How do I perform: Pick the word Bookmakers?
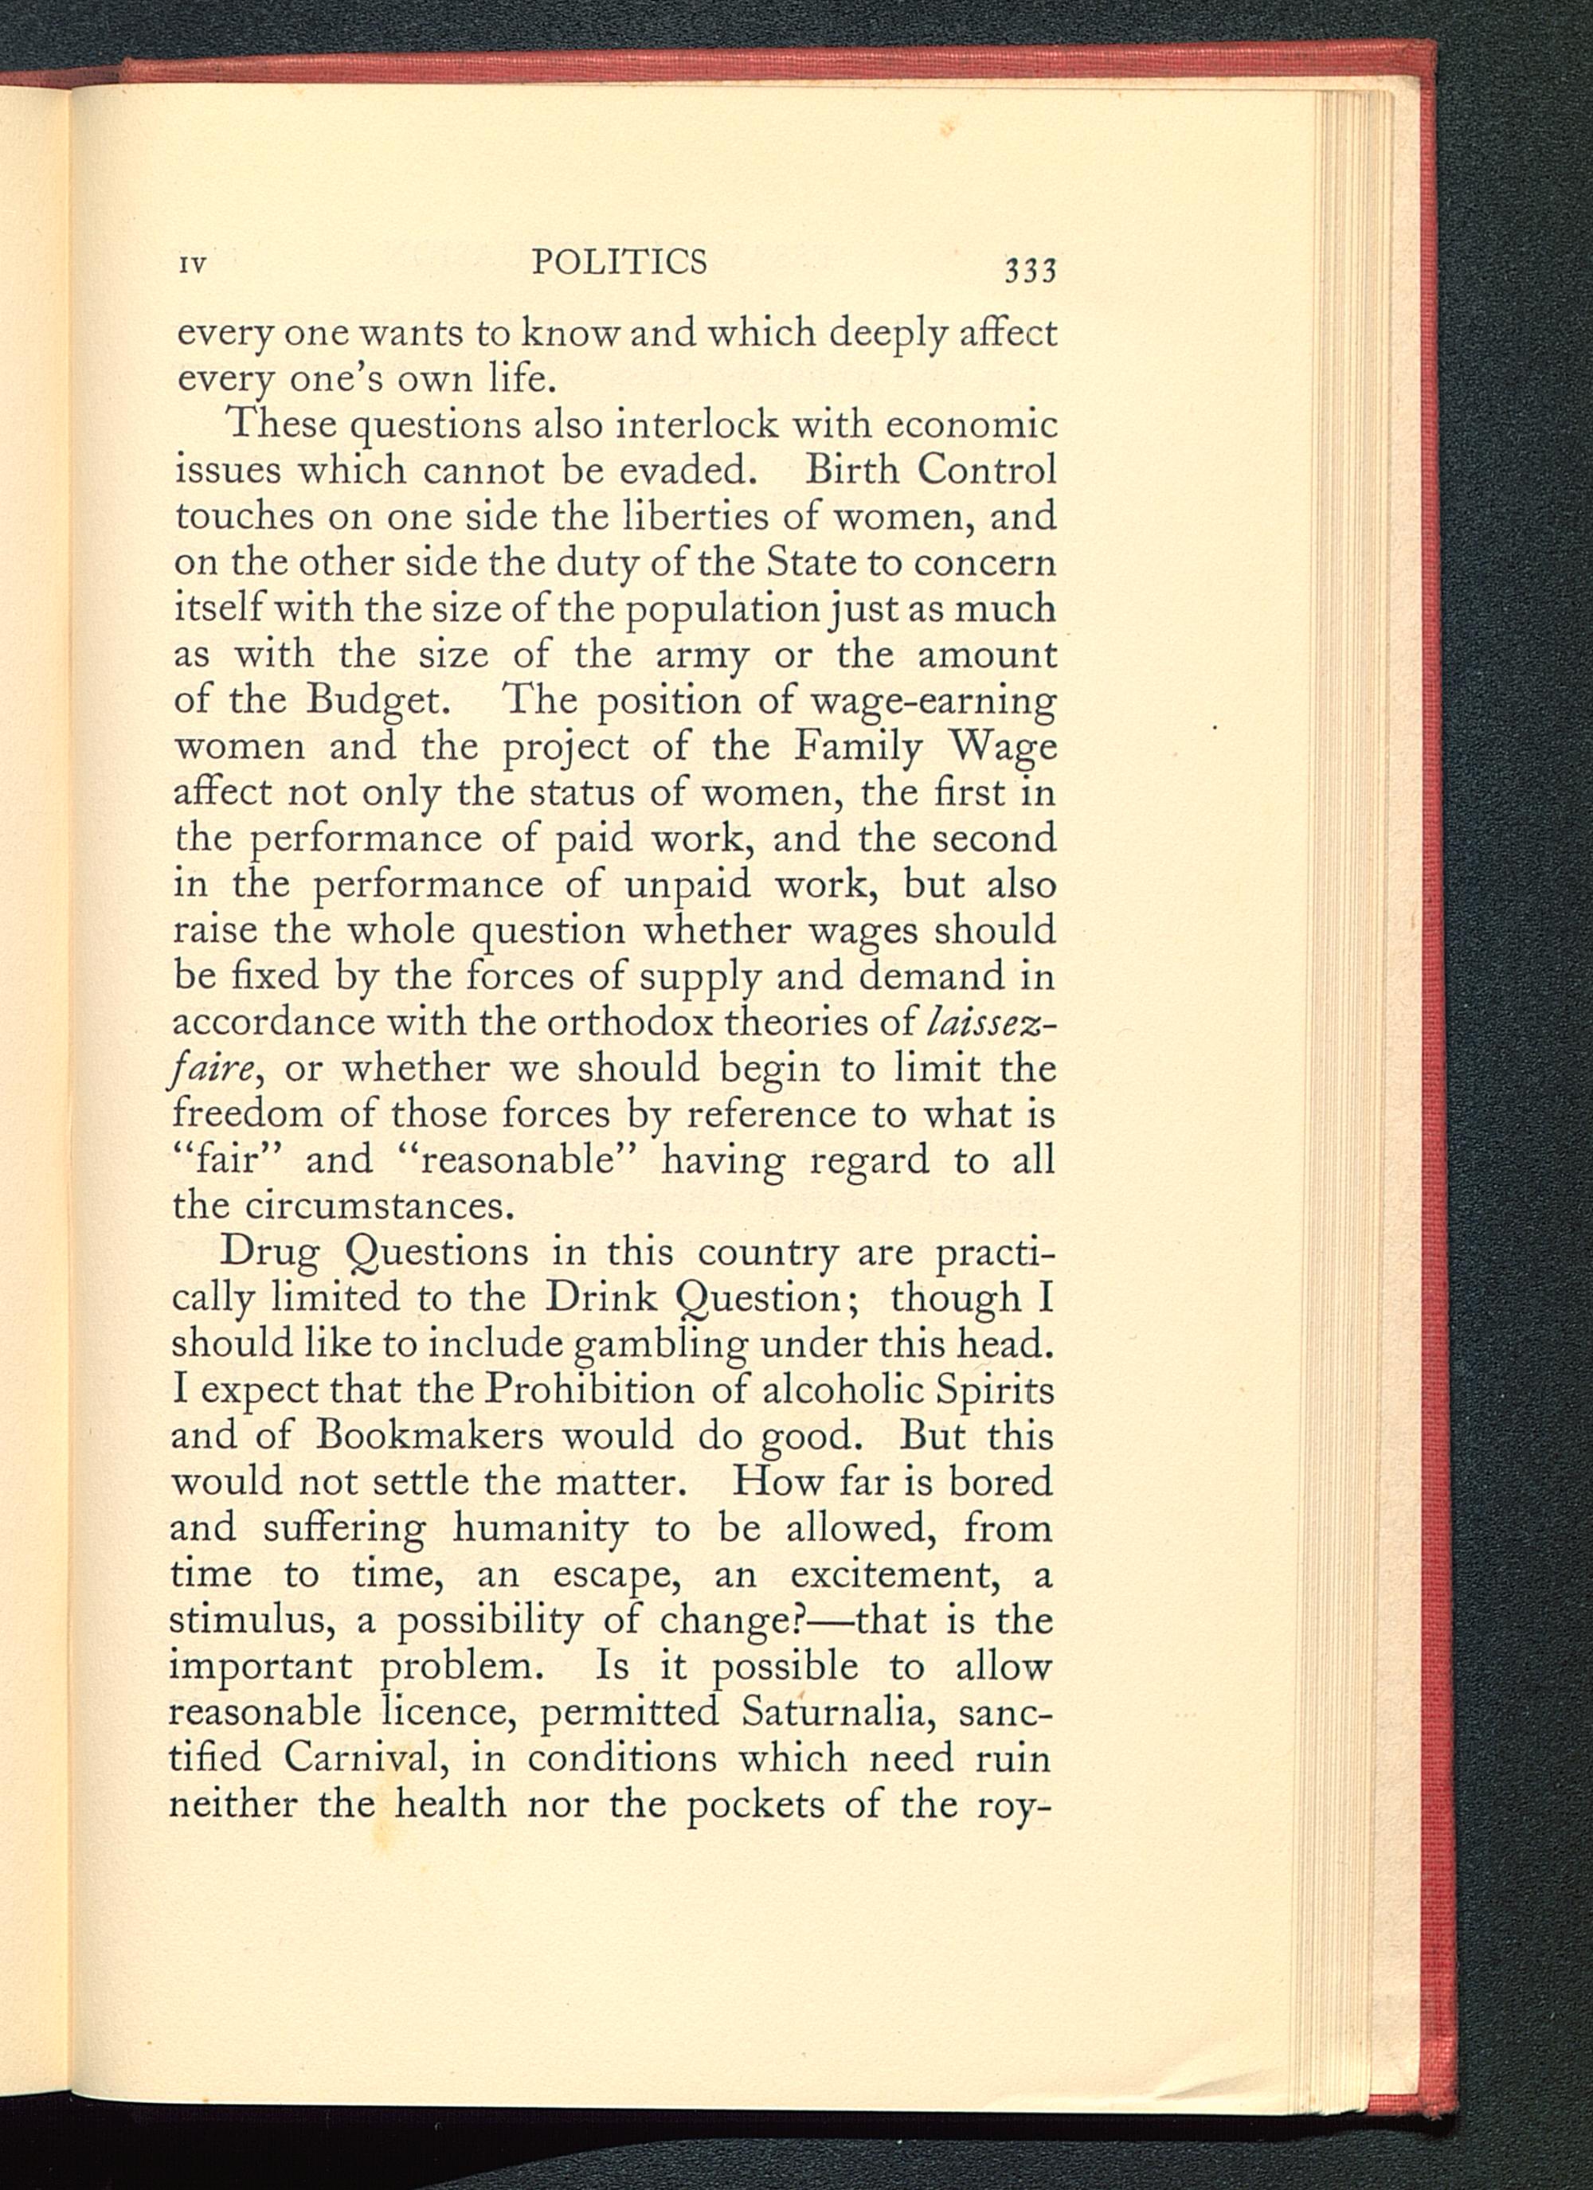[426, 1436]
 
